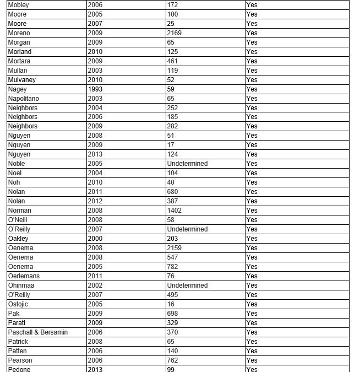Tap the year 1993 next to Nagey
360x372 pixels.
95,89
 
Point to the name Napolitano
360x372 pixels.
23,98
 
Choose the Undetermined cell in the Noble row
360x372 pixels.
187,164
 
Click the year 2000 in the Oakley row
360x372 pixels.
95,239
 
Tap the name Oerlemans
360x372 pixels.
24,276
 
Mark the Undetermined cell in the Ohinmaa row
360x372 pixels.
187,285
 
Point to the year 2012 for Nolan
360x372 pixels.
95,201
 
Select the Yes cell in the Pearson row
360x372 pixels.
252,360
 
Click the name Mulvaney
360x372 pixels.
21,79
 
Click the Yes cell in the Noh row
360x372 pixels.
252,182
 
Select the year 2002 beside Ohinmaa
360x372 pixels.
95,285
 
